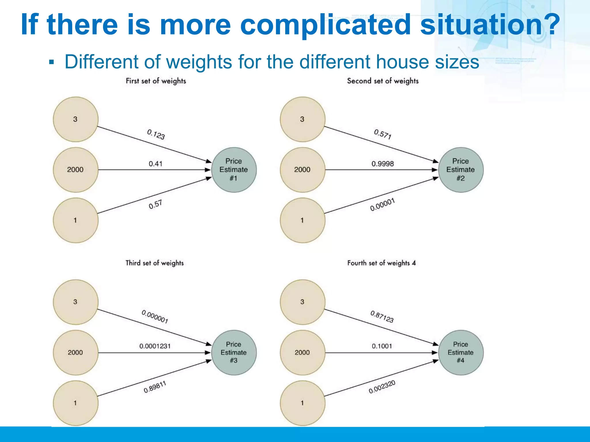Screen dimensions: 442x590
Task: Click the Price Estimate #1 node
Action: pyautogui.click(x=234, y=170)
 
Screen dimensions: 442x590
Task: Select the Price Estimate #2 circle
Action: pyautogui.click(x=461, y=170)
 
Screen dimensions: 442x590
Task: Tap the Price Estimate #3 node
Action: pyautogui.click(x=234, y=353)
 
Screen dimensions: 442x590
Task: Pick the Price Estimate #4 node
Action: pyautogui.click(x=461, y=353)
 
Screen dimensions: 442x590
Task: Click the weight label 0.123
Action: pyautogui.click(x=156, y=134)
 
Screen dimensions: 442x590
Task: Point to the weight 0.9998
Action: pyautogui.click(x=383, y=164)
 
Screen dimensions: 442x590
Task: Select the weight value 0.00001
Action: pyautogui.click(x=383, y=205)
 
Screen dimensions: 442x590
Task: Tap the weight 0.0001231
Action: pyautogui.click(x=155, y=346)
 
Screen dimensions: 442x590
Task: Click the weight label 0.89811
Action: pyautogui.click(x=155, y=387)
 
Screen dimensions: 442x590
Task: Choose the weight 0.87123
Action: pyautogui.click(x=382, y=317)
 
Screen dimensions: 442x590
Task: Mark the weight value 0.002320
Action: pyautogui.click(x=382, y=387)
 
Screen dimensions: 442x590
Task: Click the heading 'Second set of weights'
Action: pyautogui.click(x=383, y=81)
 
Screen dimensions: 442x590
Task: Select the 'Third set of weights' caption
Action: pyautogui.click(x=154, y=263)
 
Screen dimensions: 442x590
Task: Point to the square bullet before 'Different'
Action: pyautogui.click(x=52, y=62)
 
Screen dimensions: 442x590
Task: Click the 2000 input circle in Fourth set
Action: pyautogui.click(x=302, y=353)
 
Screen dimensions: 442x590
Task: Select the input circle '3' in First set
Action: pyautogui.click(x=75, y=119)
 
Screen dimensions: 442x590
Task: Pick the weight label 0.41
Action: pyautogui.click(x=156, y=164)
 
